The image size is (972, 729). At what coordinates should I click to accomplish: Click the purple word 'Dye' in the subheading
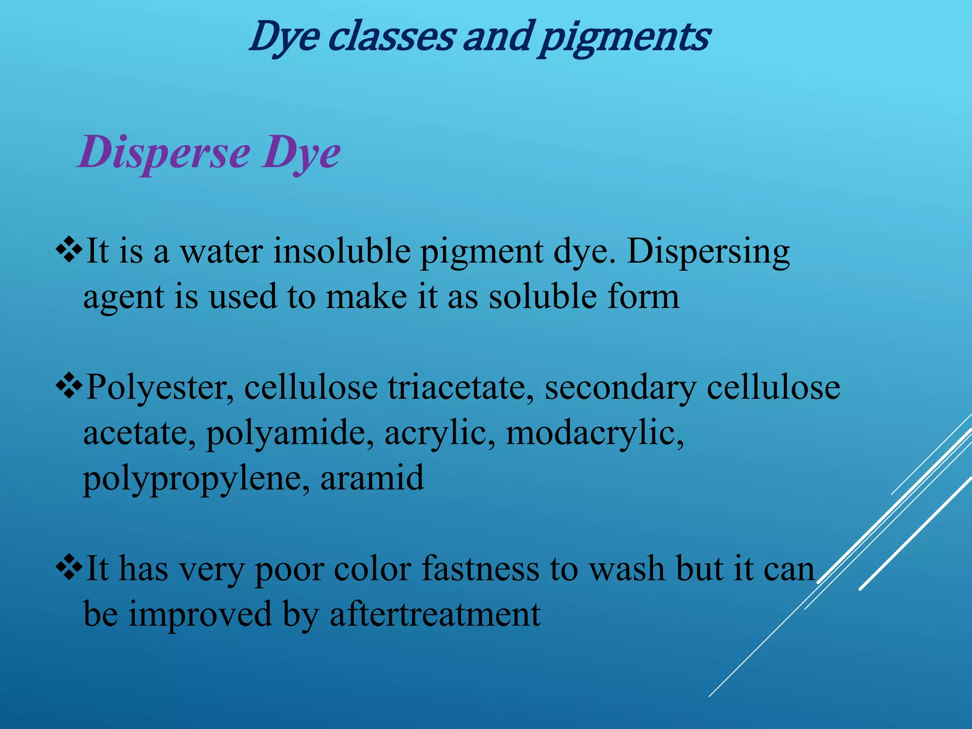[x=301, y=153]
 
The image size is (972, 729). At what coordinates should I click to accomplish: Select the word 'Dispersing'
[x=708, y=252]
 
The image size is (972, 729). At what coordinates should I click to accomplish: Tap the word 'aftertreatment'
[x=435, y=614]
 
